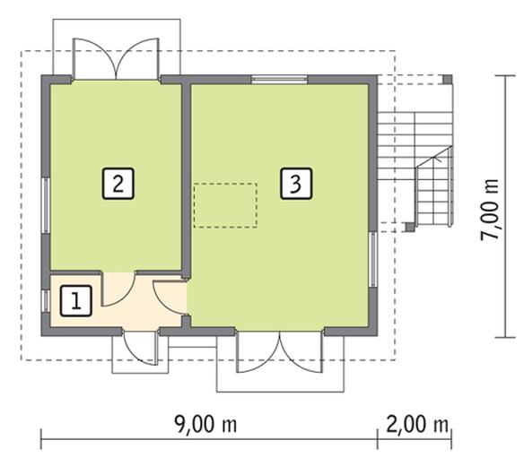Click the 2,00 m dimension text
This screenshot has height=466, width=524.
coord(416,423)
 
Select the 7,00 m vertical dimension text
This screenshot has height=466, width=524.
coord(490,209)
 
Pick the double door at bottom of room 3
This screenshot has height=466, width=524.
coord(280,351)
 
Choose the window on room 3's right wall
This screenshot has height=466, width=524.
coord(372,260)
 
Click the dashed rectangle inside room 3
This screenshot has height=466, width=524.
coord(225,204)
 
